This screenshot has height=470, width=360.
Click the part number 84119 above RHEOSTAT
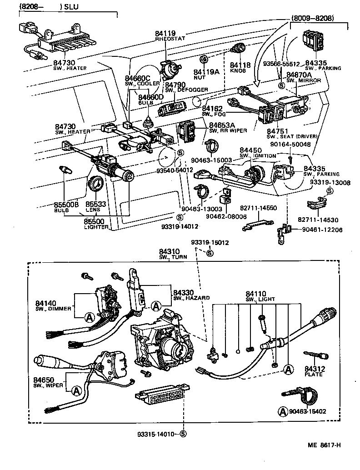pos(164,33)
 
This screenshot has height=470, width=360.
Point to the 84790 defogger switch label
pos(175,85)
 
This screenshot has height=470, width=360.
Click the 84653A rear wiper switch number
pos(222,125)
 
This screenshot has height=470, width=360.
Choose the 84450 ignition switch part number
pos(250,150)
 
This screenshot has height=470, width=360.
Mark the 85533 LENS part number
pos(96,205)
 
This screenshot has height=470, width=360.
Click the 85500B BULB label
pos(66,205)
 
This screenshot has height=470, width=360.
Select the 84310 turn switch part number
pos(169,251)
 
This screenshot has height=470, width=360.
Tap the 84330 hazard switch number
pos(184,292)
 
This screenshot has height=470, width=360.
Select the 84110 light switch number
pos(255,294)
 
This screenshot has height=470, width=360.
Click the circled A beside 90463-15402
pos(282,411)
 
